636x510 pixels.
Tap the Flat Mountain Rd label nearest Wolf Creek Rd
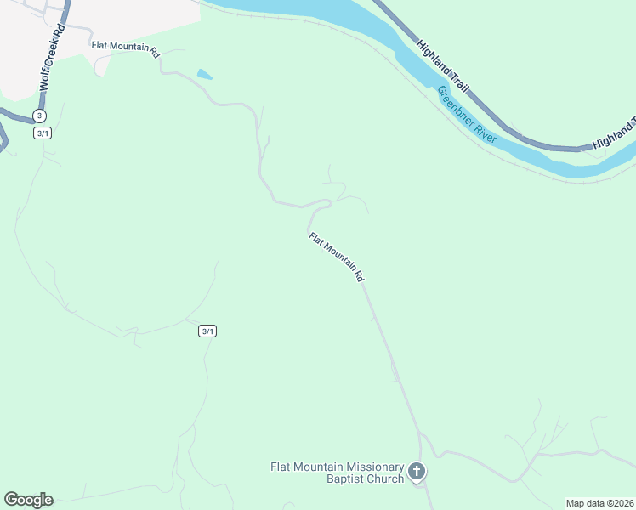point(125,50)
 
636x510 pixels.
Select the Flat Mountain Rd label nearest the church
point(336,257)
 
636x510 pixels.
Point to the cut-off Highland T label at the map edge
point(613,133)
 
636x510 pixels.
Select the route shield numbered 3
point(39,116)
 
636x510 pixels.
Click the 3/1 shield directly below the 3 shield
point(43,133)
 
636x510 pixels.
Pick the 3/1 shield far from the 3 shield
point(207,331)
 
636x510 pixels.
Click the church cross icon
point(417,471)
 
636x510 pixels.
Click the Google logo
point(28,500)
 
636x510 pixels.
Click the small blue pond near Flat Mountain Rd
point(204,75)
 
